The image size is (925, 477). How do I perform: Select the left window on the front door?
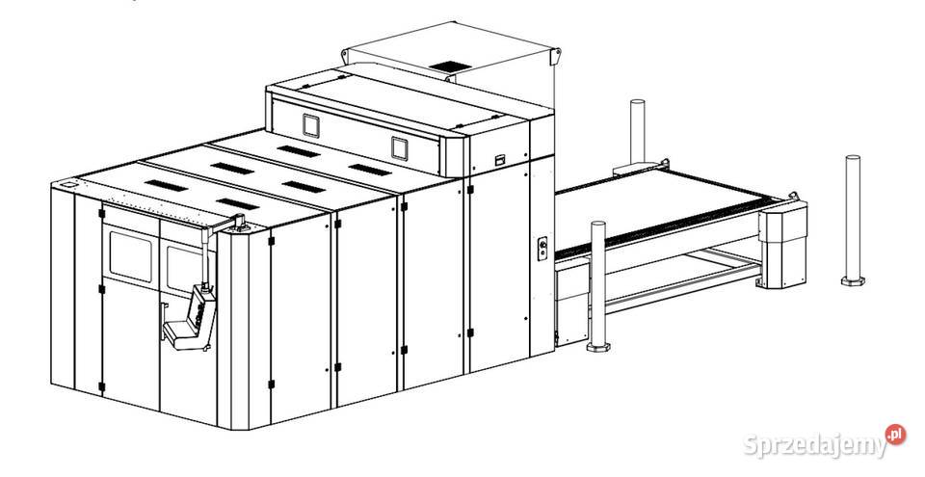click(131, 256)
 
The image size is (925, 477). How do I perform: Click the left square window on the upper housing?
click(311, 125)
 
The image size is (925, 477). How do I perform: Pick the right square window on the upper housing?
click(399, 148)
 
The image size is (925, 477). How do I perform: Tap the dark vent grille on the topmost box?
click(450, 66)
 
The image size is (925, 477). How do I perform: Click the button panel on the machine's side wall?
click(542, 249)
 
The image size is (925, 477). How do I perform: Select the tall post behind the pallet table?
click(637, 132)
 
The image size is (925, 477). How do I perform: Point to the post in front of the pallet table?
click(598, 286)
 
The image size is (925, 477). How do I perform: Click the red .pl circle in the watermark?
click(895, 435)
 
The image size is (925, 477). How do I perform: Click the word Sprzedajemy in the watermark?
click(815, 446)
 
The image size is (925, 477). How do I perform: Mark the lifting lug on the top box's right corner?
click(555, 57)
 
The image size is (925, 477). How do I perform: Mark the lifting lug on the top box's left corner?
click(345, 56)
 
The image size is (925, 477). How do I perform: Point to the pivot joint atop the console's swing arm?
click(240, 222)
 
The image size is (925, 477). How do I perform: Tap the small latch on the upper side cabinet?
click(500, 159)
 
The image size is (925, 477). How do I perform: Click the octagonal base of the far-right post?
click(853, 281)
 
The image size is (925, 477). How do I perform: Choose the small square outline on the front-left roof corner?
click(69, 185)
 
